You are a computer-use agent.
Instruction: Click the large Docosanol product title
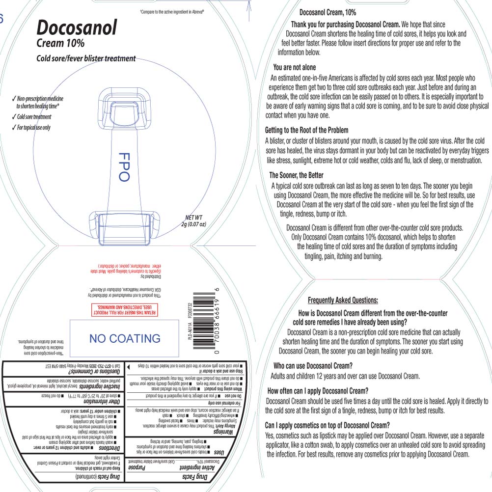tap(77, 27)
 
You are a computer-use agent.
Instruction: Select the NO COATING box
tap(125, 338)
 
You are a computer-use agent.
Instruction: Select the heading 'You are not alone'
tap(295, 67)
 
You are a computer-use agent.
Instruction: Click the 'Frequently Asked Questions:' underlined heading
tap(343, 301)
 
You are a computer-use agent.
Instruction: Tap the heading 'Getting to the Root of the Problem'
tap(307, 130)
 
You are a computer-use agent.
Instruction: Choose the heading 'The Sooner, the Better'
tap(296, 175)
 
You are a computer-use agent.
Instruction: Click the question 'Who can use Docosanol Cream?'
tap(313, 366)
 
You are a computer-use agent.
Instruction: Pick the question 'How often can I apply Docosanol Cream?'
tap(318, 391)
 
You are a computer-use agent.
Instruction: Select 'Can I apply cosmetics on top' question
tap(327, 425)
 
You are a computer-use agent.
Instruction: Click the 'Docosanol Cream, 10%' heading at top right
tap(328, 12)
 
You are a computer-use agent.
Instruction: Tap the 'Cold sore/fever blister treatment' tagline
tap(86, 58)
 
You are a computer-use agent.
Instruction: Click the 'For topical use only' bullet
tap(33, 128)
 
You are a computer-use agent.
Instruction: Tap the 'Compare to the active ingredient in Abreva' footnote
tap(172, 10)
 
